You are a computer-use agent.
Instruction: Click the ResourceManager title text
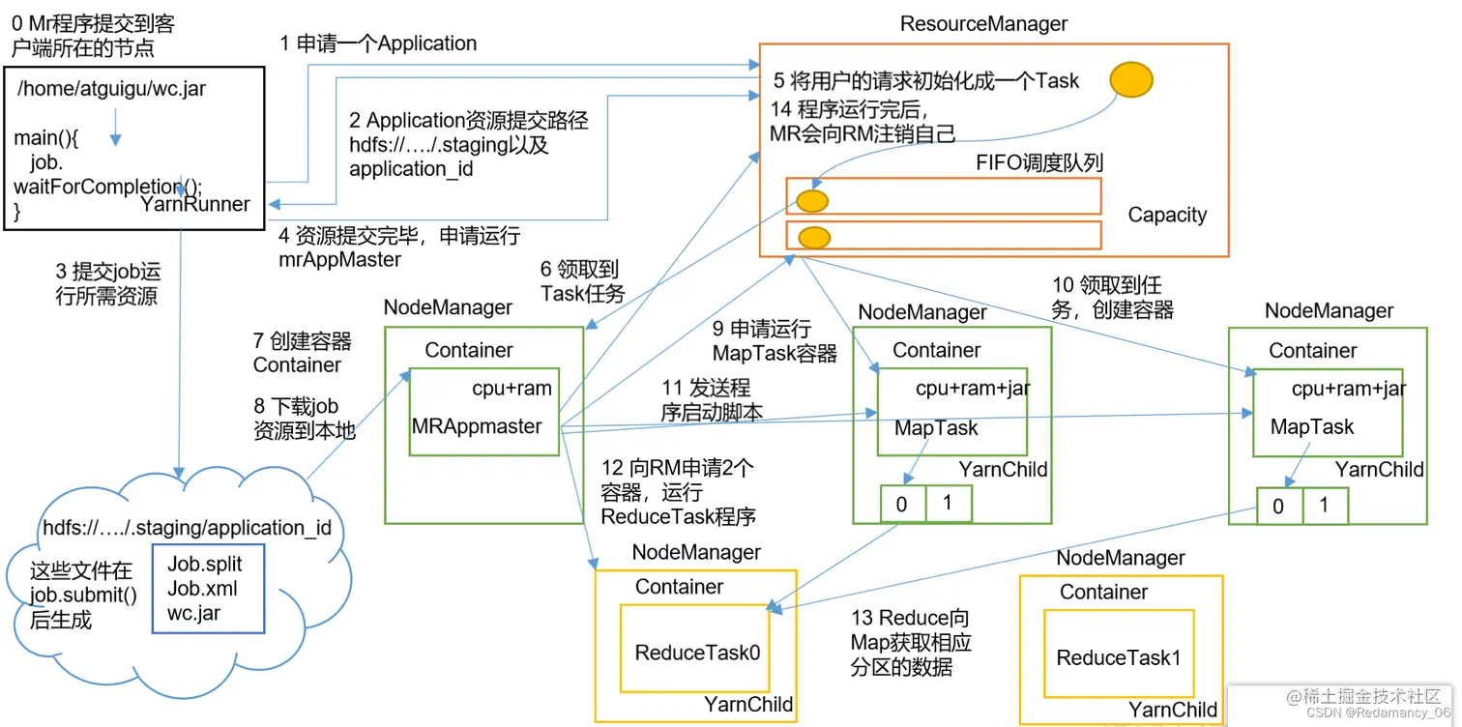[x=983, y=24]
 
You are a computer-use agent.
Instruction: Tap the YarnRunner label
[x=195, y=204]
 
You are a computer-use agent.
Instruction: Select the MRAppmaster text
[x=477, y=426]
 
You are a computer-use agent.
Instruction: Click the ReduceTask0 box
[x=697, y=653]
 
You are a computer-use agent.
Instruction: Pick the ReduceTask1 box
[x=1119, y=658]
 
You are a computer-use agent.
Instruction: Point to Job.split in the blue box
[x=205, y=564]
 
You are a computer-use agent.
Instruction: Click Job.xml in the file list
[x=202, y=589]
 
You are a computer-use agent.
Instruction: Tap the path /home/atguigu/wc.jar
[x=111, y=89]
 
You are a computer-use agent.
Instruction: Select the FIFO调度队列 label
[x=1039, y=163]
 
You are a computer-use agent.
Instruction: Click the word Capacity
[x=1167, y=215]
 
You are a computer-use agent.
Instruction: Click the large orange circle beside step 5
[x=1130, y=80]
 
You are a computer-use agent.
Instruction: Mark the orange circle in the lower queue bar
[x=814, y=236]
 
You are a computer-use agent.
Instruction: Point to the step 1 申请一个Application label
[x=378, y=44]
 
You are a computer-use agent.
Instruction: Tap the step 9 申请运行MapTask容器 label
[x=775, y=341]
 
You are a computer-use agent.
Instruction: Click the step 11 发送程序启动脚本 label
[x=712, y=400]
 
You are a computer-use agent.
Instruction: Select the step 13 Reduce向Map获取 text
[x=910, y=643]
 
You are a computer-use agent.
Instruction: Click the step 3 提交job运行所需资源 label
[x=107, y=284]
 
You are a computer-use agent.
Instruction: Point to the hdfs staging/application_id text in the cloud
[x=187, y=528]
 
